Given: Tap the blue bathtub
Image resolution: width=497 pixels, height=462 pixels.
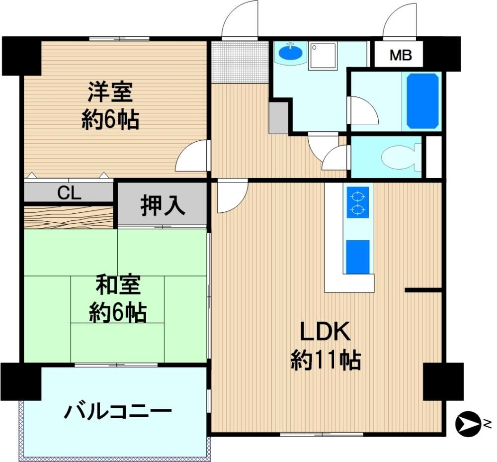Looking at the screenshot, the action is pos(423,101).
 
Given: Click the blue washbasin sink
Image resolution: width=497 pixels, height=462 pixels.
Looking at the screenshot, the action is pos(290,52).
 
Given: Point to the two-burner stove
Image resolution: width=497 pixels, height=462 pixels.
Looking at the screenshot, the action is pos(358,202).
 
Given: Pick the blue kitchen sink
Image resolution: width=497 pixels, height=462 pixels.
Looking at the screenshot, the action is pos(358,257).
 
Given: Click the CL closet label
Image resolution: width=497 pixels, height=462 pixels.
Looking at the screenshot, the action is pos(70,193).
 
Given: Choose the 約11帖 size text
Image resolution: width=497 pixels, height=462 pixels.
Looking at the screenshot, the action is pos(326,360).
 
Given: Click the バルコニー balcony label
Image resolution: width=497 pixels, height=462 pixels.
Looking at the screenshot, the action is pos(118,412).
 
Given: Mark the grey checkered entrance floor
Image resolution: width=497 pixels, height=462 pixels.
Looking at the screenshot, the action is pos(240,62).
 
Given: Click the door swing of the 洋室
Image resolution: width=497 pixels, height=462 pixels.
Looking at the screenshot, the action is pos(192,157).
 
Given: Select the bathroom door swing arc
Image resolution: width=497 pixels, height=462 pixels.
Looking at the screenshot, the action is pos(363,110).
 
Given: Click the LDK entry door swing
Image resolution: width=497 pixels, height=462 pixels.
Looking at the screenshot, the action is pos(232,196).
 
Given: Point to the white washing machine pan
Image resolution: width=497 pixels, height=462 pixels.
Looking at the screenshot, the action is pos(323,56).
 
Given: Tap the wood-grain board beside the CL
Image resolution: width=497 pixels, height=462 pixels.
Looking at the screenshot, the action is pos(69,217).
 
